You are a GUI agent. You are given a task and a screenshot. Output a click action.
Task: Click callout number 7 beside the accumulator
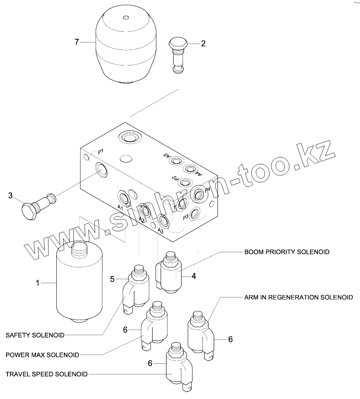[x=77, y=42]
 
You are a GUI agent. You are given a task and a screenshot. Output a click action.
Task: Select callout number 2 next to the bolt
[x=203, y=44]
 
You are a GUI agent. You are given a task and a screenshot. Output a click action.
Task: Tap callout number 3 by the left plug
[x=11, y=195]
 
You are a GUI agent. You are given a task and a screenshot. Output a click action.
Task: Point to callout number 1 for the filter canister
[x=38, y=283]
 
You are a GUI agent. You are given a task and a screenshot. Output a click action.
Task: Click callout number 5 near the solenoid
[x=113, y=279]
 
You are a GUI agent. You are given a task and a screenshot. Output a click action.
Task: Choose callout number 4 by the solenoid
[x=194, y=276]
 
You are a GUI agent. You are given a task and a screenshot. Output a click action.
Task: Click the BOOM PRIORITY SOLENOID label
[x=287, y=252]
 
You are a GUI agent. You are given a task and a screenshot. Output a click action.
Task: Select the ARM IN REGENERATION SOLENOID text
[x=298, y=297]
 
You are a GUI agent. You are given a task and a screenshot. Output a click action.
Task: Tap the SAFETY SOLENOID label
[x=35, y=335]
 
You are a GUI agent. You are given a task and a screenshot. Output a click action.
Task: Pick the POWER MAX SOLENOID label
[x=42, y=355]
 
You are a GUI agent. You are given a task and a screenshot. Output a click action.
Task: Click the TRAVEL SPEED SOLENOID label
[x=46, y=374]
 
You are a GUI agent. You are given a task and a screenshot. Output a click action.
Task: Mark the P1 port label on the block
[x=101, y=151]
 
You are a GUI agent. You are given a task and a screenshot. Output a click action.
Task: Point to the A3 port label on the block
[x=160, y=230]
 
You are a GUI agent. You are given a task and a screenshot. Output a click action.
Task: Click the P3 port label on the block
[x=185, y=217]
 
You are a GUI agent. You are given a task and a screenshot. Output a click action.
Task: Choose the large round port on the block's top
[x=129, y=138]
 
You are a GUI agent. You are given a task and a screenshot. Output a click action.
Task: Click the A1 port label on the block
[x=119, y=207]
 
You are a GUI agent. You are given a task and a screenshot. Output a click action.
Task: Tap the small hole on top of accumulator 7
[x=126, y=17]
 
